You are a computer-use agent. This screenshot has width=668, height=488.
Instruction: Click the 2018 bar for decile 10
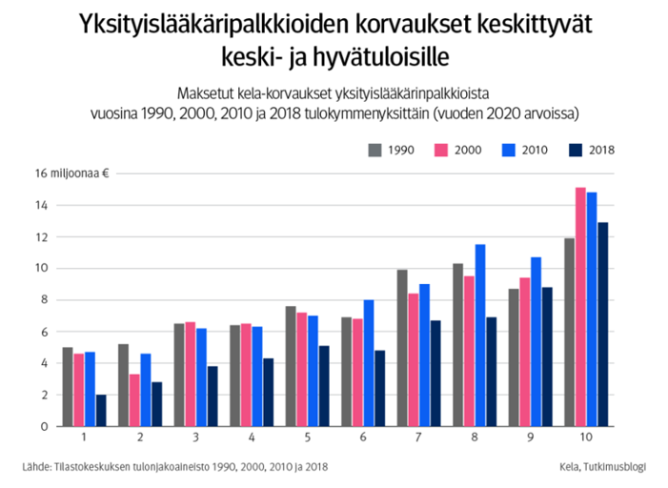click(x=602, y=324)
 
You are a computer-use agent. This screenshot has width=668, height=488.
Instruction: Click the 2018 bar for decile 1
click(x=101, y=411)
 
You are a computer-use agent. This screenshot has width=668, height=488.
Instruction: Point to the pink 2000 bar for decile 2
click(x=133, y=400)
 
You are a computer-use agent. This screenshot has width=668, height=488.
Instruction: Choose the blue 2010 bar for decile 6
click(x=369, y=363)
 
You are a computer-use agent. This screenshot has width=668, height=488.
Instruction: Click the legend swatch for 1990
click(x=374, y=150)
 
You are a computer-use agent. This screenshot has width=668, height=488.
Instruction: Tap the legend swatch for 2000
click(x=441, y=150)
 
